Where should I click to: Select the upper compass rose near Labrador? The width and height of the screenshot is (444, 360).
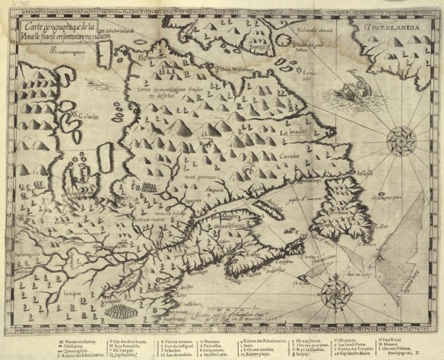[399, 140]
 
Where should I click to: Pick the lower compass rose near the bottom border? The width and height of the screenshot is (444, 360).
[333, 293]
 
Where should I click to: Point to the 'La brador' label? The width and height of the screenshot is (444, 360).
[293, 132]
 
